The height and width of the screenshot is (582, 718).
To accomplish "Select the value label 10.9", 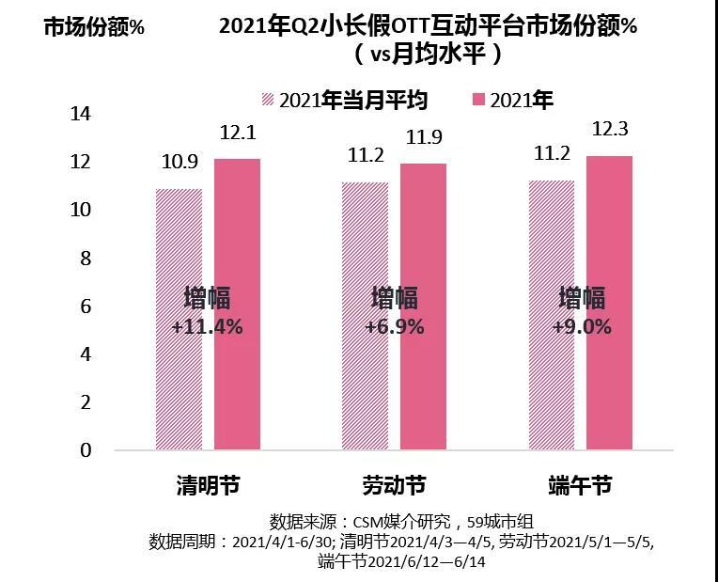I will coord(179,163).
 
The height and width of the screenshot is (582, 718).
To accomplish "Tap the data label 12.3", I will coord(610,129).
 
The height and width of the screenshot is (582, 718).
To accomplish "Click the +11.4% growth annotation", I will coord(208,327).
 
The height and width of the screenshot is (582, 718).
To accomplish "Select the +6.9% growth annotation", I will coord(395,327).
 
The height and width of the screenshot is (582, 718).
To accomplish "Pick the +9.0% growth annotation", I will coord(581,327).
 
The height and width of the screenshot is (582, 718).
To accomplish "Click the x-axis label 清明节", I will coord(208,486).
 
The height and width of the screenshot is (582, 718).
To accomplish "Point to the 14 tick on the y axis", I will coord(81,114).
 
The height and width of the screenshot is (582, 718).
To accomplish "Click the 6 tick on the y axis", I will coord(86,307).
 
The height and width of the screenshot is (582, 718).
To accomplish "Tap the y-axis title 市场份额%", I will coord(95,27).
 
